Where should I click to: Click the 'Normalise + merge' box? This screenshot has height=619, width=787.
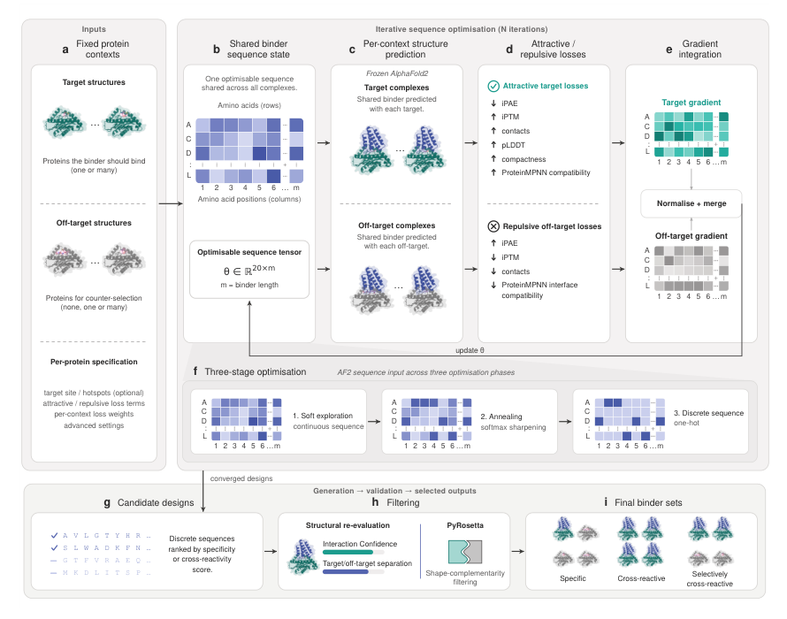tap(691, 203)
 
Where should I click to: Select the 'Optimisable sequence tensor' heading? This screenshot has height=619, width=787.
tap(249, 252)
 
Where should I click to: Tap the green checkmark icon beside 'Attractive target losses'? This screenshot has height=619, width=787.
tap(493, 87)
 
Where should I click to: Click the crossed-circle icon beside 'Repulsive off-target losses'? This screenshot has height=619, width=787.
tap(493, 226)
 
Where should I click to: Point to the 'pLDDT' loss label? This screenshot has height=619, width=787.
tap(513, 145)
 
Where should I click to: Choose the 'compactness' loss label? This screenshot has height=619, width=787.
tap(523, 159)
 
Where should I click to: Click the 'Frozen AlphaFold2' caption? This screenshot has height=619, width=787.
tap(397, 73)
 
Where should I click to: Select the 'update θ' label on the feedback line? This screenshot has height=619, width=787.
tap(470, 350)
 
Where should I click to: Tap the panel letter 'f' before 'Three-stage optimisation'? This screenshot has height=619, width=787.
tap(195, 371)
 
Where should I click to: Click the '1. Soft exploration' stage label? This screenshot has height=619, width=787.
tap(323, 416)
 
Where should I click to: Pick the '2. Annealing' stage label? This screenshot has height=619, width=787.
tap(500, 416)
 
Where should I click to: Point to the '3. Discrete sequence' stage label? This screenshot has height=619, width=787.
tap(708, 413)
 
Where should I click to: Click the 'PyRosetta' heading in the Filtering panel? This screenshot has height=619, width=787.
tap(465, 525)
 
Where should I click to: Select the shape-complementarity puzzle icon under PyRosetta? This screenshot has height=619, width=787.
tap(465, 552)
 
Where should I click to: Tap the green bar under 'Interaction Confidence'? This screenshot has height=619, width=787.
tap(348, 552)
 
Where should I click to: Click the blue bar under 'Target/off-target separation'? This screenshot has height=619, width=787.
tap(346, 572)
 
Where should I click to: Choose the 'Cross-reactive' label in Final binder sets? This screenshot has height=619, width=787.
tap(641, 578)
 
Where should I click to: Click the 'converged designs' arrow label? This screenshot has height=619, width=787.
tap(241, 478)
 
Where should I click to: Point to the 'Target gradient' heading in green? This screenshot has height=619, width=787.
tap(691, 103)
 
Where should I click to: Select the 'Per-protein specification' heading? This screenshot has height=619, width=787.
tap(94, 362)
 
